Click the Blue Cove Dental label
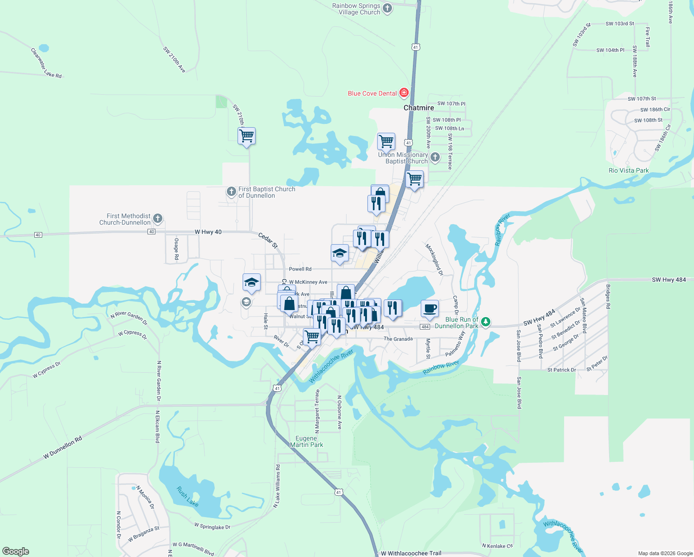(372, 93)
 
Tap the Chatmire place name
(418, 108)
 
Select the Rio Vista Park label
(629, 170)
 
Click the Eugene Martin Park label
(306, 441)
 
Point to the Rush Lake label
(187, 496)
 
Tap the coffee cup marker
(430, 309)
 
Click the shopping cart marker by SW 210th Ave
(247, 136)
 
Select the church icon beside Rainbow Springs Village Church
(387, 8)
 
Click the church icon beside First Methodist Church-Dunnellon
(158, 218)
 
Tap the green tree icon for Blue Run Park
(486, 322)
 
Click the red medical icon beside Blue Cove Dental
(404, 93)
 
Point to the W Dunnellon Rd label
(63, 447)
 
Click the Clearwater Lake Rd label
(46, 63)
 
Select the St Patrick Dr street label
(561, 370)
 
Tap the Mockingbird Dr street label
(434, 259)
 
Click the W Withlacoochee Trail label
(411, 553)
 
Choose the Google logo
(16, 551)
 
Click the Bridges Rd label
(608, 297)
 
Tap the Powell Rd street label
(300, 269)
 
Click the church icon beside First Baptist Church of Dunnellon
(231, 191)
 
